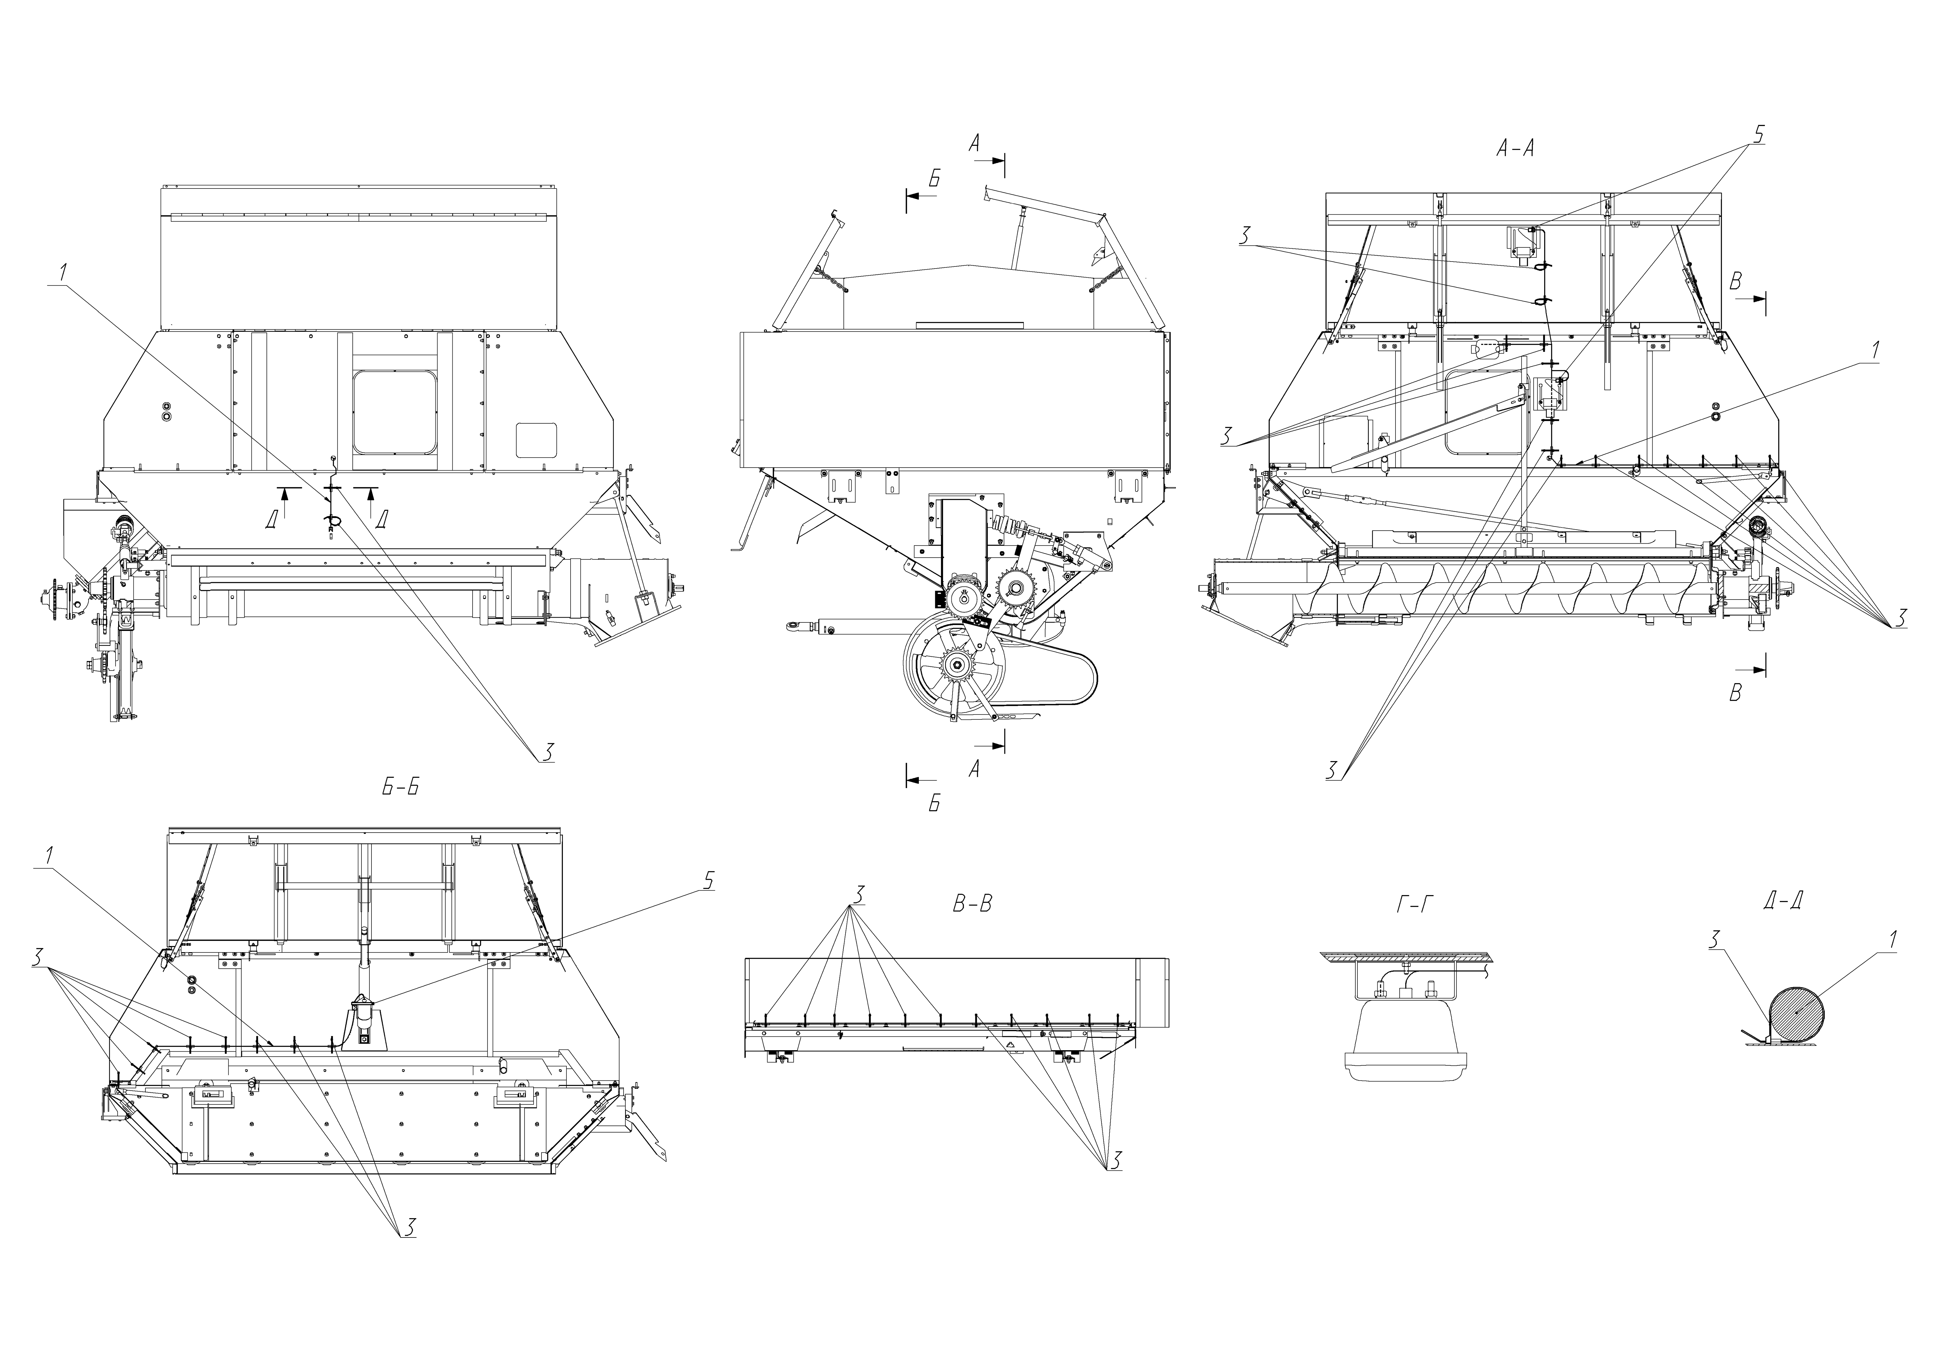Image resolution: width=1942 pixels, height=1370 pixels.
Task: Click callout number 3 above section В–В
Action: pyautogui.click(x=858, y=894)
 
